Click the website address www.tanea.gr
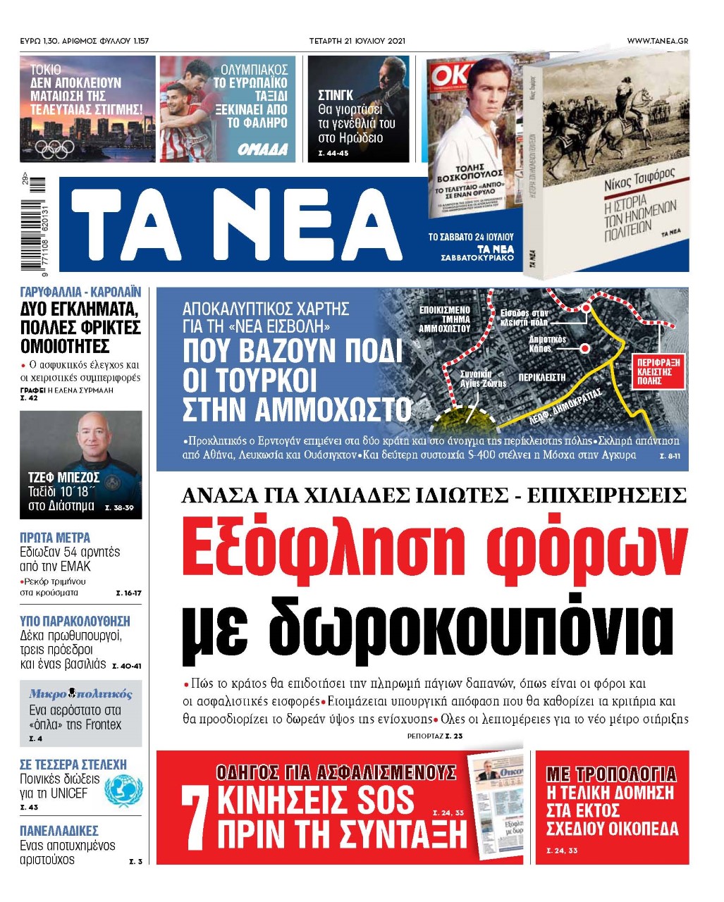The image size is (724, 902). coord(657,41)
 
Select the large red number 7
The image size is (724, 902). coord(195,817)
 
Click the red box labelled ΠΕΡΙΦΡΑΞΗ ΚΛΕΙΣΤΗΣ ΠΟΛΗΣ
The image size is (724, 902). coord(659,372)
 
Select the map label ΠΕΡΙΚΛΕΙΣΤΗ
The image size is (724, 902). coord(542,378)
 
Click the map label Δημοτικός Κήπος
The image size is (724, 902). coord(547,344)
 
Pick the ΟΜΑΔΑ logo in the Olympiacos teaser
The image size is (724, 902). coord(262,149)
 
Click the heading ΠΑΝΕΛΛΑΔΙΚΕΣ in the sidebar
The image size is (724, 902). coord(59,831)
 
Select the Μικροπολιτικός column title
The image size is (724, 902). coord(80,694)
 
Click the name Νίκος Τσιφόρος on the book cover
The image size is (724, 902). coord(639,179)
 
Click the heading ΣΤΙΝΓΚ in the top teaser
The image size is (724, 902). coord(336,95)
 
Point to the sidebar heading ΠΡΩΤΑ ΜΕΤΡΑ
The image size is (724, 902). coord(55,537)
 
